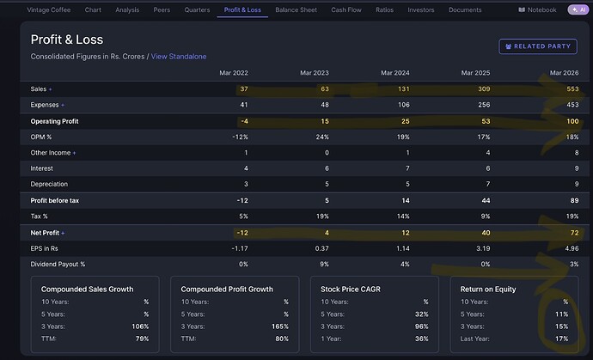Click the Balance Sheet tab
pyautogui.click(x=296, y=9)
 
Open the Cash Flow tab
pyautogui.click(x=346, y=9)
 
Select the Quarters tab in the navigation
pyautogui.click(x=197, y=9)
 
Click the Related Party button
pyautogui.click(x=538, y=46)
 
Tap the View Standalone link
pyautogui.click(x=179, y=57)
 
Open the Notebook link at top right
pyautogui.click(x=537, y=9)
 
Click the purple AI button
pyautogui.click(x=578, y=9)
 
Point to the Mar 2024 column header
pyautogui.click(x=394, y=73)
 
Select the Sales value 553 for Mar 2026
pyautogui.click(x=572, y=88)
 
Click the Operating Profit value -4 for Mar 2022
pyautogui.click(x=245, y=121)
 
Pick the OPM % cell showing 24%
pyautogui.click(x=322, y=137)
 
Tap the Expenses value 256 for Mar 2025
pyautogui.click(x=484, y=105)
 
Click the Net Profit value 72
pyautogui.click(x=574, y=233)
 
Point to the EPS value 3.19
pyautogui.click(x=483, y=248)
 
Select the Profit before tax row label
pyautogui.click(x=55, y=200)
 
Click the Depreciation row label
pyautogui.click(x=49, y=184)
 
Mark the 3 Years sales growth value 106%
pyautogui.click(x=140, y=326)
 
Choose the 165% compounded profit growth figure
pyautogui.click(x=280, y=326)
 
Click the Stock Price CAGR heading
pyautogui.click(x=351, y=290)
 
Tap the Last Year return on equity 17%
pyautogui.click(x=561, y=339)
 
